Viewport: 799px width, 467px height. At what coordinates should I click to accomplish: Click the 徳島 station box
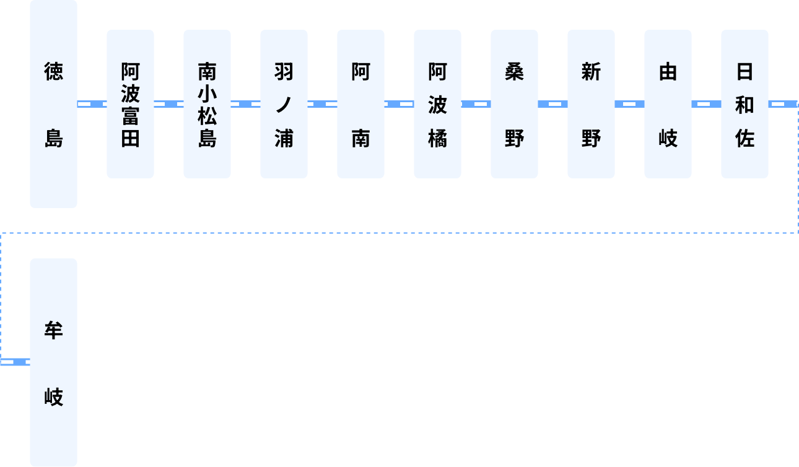(x=53, y=103)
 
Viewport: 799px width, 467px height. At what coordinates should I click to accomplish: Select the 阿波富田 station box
(x=130, y=104)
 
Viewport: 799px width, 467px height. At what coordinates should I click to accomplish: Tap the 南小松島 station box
(x=207, y=104)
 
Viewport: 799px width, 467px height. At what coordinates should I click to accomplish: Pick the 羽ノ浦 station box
(x=284, y=104)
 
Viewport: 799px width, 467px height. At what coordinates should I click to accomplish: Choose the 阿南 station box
(x=360, y=104)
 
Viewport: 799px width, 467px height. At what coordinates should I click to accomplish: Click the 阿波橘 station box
(x=437, y=104)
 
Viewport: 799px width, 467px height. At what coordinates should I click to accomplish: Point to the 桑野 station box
(x=514, y=104)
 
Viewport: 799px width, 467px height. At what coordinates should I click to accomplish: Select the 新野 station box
(x=591, y=104)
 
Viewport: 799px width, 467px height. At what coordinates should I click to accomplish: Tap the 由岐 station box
(x=668, y=104)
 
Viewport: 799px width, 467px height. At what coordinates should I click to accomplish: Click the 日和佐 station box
(x=744, y=104)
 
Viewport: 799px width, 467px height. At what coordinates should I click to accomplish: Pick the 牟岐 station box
(x=53, y=362)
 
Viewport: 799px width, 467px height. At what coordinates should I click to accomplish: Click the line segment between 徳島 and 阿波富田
(x=92, y=104)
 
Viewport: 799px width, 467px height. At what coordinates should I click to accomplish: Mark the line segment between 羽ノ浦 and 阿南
(x=322, y=104)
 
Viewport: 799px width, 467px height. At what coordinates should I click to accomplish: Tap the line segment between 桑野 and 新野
(x=552, y=104)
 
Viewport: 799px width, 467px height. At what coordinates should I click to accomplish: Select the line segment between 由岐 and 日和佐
(x=706, y=104)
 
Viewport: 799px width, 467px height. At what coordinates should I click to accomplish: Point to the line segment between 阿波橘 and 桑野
(x=476, y=104)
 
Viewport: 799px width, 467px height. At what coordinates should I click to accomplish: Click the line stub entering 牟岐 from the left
(x=15, y=362)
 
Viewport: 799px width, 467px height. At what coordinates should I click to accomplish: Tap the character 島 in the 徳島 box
(x=53, y=137)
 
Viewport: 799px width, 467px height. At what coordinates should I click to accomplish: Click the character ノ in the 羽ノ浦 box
(x=284, y=105)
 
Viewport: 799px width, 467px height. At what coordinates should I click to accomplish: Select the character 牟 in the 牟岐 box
(x=53, y=330)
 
